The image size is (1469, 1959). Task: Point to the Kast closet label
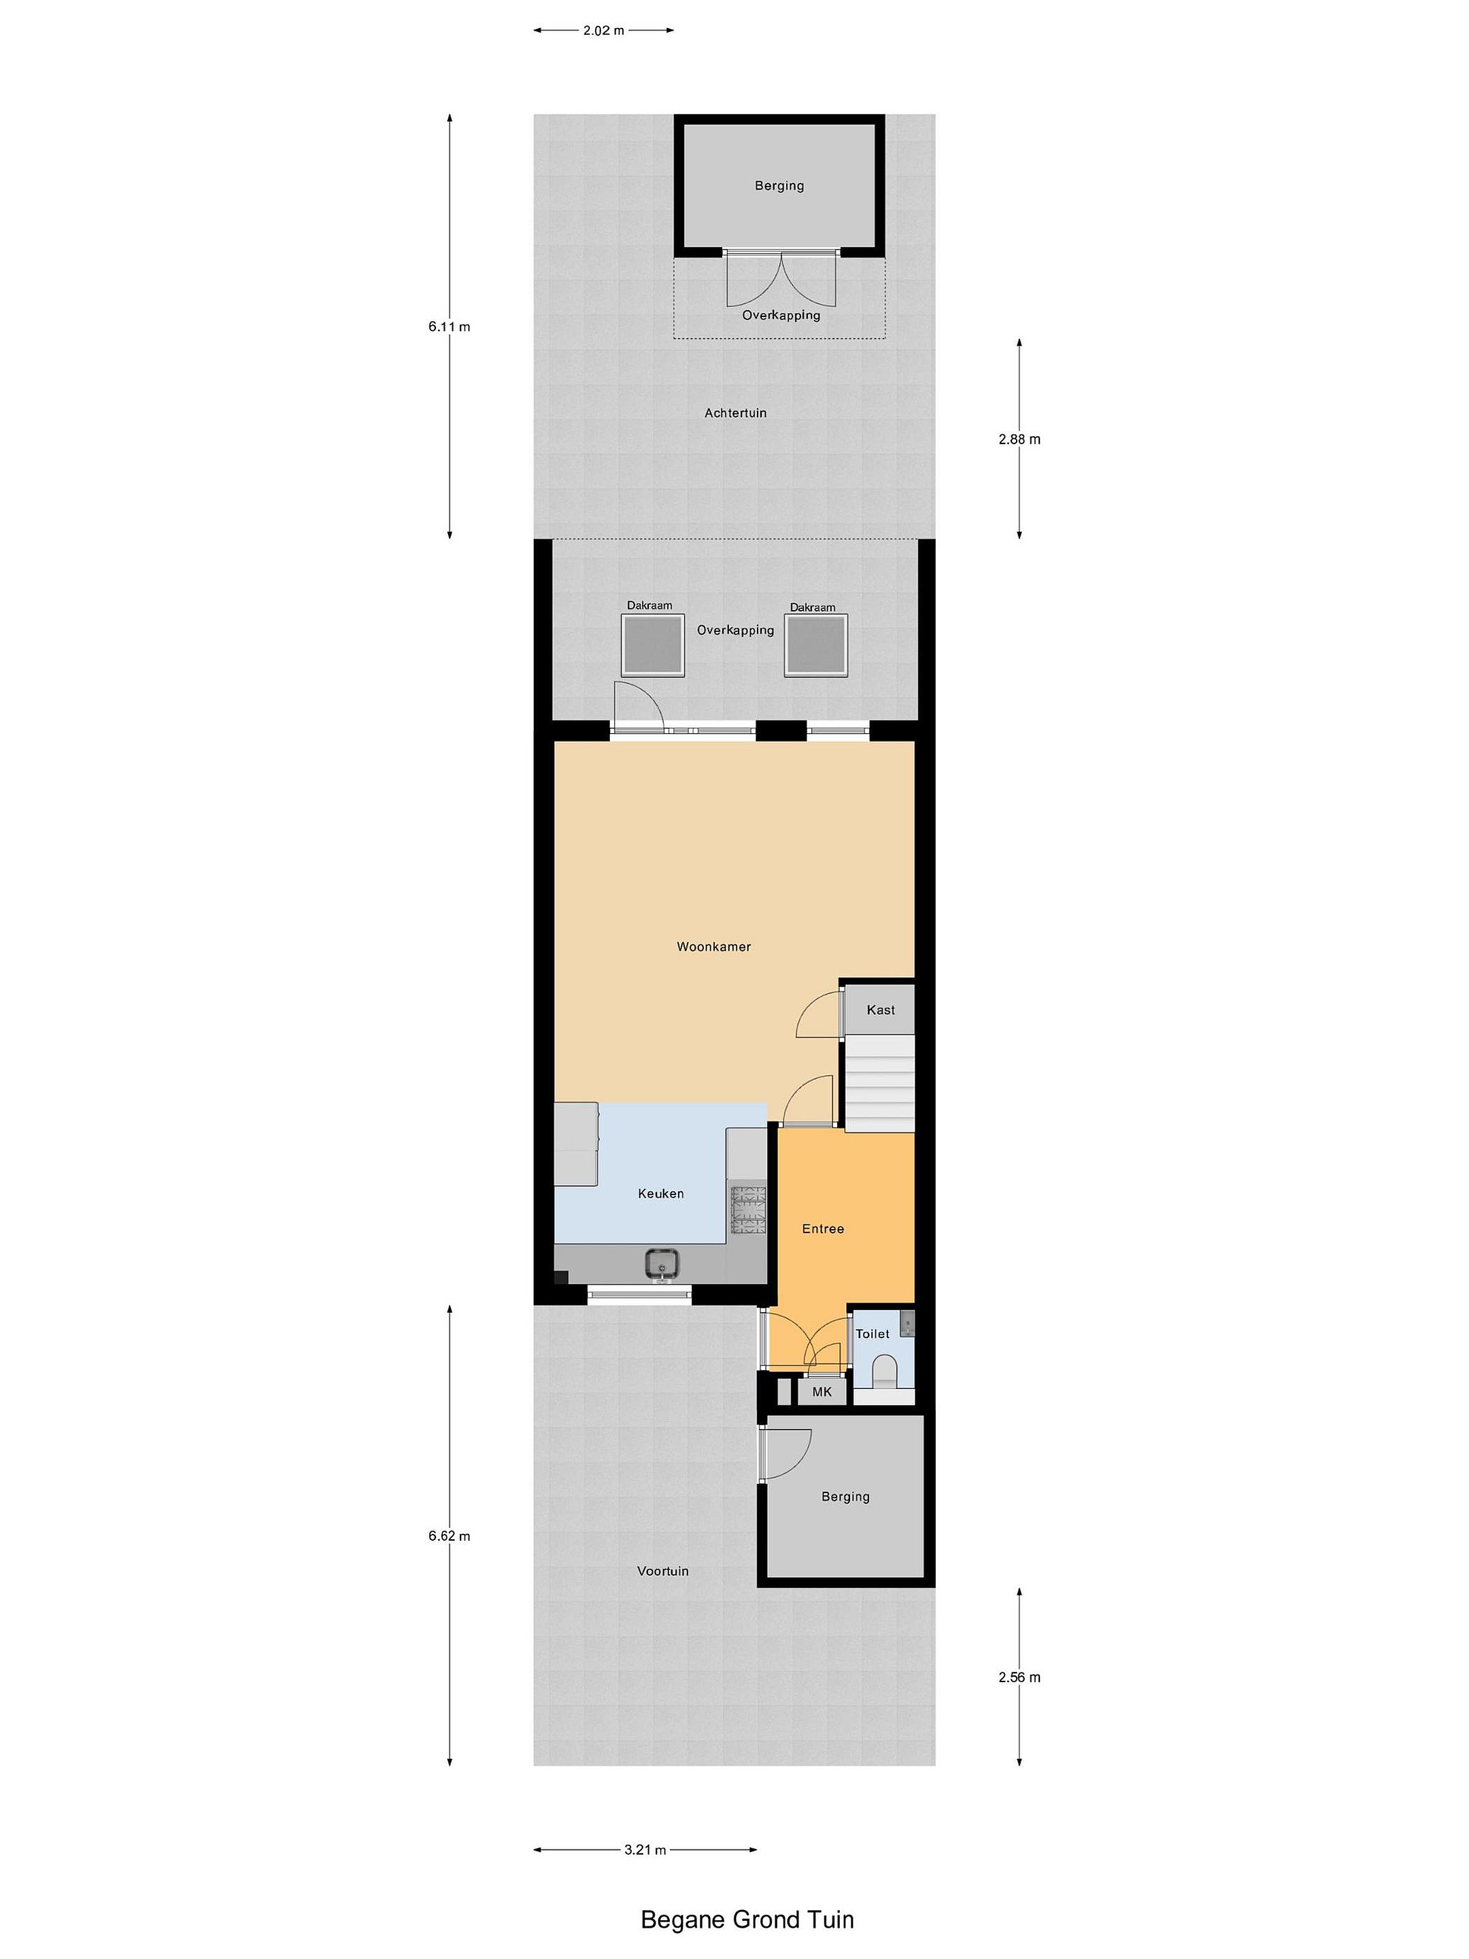880,1009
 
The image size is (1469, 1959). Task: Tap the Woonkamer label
713,947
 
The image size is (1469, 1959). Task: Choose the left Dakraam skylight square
653,645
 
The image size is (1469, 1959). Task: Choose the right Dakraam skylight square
816,645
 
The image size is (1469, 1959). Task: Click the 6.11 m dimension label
449,326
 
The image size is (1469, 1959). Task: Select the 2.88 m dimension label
1019,439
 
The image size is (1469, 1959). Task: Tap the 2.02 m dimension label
603,30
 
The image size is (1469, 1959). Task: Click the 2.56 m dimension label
1019,1677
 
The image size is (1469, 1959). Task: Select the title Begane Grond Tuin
747,1913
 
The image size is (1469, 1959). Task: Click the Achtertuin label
736,413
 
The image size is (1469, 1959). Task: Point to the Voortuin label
662,1571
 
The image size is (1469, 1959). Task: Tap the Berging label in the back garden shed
779,186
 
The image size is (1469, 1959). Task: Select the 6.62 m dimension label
449,1536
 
